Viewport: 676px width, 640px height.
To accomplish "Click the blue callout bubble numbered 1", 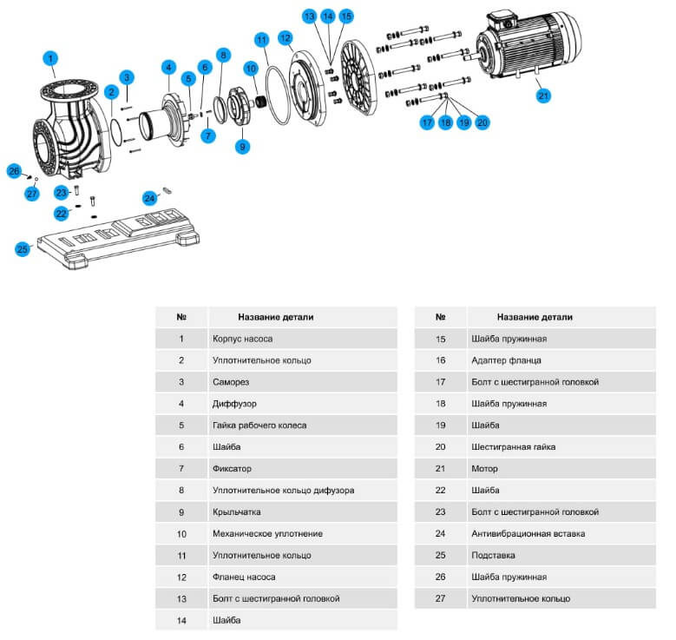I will [x=51, y=58].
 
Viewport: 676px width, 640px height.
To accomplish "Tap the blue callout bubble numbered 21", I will [x=543, y=96].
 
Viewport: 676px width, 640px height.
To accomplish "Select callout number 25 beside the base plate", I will [x=23, y=249].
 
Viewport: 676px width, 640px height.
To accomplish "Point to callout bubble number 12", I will [x=285, y=37].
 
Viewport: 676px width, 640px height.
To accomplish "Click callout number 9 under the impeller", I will [x=242, y=147].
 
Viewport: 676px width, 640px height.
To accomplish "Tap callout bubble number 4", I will [x=168, y=67].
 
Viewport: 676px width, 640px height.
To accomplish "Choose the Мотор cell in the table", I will [x=482, y=469].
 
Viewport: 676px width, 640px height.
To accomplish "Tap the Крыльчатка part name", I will [x=236, y=512].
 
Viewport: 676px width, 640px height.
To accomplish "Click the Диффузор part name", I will [x=234, y=404].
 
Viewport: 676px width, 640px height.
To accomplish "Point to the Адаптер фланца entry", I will [x=506, y=360].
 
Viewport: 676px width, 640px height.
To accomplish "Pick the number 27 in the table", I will [x=441, y=599].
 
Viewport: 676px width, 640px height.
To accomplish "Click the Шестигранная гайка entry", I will [x=513, y=447].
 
